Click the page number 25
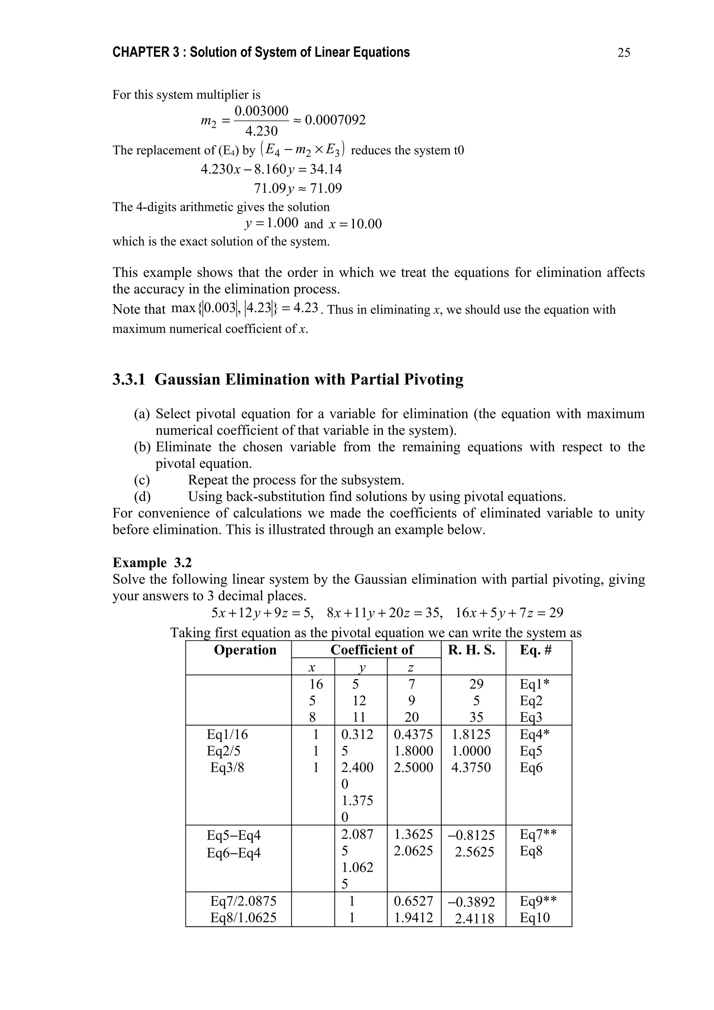tap(623, 53)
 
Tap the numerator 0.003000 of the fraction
tap(261, 110)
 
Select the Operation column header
tap(245, 650)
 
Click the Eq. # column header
tap(535, 650)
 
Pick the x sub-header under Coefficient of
tap(312, 668)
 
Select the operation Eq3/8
tap(227, 768)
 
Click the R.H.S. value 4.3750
tap(471, 768)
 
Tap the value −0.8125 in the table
tap(471, 835)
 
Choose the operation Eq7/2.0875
tap(243, 901)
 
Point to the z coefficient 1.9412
tap(413, 918)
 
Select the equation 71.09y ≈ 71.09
tap(298, 189)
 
